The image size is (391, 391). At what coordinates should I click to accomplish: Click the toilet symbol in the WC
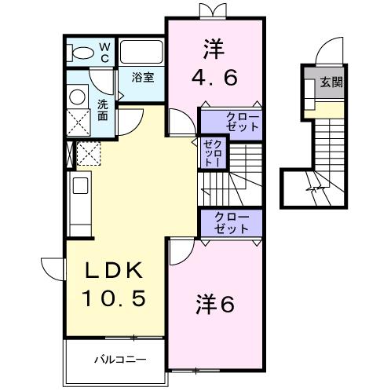[81, 53]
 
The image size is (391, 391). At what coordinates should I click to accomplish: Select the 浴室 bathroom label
[141, 78]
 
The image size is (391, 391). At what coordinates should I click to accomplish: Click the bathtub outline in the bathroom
[141, 53]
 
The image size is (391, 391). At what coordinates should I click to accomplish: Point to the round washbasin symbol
[78, 97]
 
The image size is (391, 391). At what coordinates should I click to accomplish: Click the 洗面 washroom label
[103, 110]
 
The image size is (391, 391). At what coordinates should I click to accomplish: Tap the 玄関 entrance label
[331, 82]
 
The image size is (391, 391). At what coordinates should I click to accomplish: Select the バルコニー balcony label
[117, 360]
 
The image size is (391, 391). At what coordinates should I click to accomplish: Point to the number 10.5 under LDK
[115, 298]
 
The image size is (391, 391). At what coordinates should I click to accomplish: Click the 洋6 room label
[214, 305]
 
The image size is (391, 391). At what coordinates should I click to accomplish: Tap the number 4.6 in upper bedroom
[214, 78]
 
